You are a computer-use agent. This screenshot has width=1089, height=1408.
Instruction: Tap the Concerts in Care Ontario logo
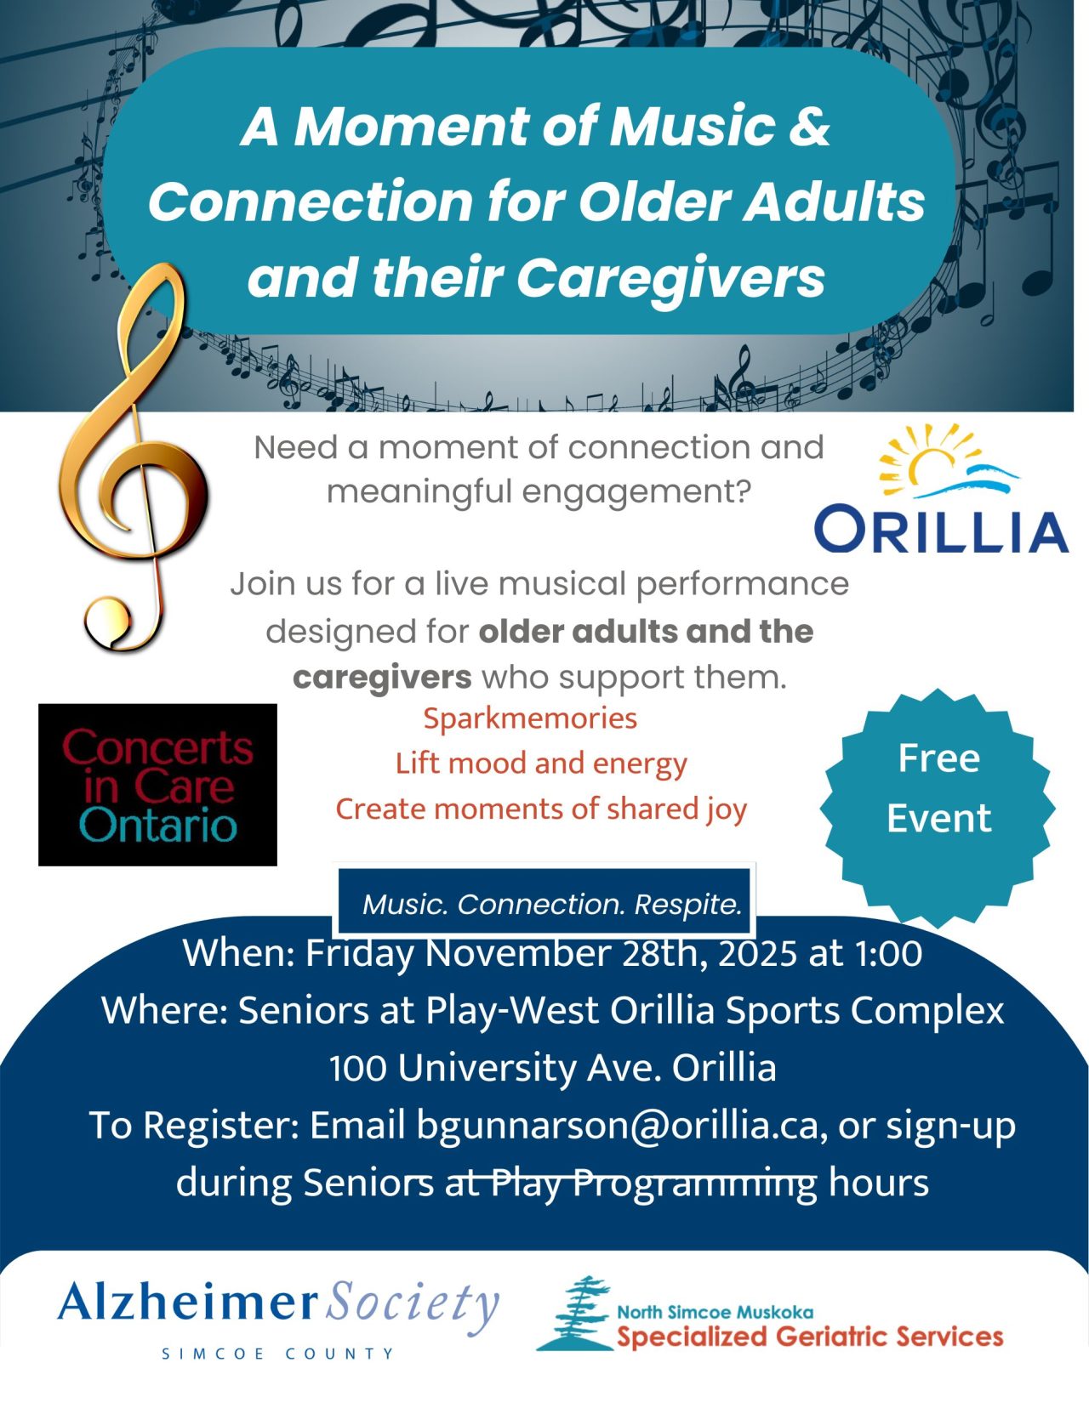pyautogui.click(x=157, y=784)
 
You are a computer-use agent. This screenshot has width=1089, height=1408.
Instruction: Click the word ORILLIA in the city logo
pyautogui.click(x=941, y=530)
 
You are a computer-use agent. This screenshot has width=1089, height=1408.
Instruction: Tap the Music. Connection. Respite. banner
pyautogui.click(x=552, y=903)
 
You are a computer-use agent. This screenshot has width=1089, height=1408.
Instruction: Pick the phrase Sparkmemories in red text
pyautogui.click(x=530, y=718)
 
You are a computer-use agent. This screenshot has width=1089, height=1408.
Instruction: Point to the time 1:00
pyautogui.click(x=888, y=953)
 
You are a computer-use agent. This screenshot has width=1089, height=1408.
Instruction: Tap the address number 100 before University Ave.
pyautogui.click(x=358, y=1068)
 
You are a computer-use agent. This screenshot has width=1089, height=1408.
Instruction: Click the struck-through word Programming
pyautogui.click(x=695, y=1183)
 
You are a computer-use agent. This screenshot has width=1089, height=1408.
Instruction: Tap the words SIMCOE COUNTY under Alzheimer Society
pyautogui.click(x=277, y=1353)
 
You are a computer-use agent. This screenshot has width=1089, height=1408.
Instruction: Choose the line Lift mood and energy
pyautogui.click(x=541, y=764)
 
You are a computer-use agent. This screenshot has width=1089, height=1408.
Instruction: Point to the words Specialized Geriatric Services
pyautogui.click(x=810, y=1337)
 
